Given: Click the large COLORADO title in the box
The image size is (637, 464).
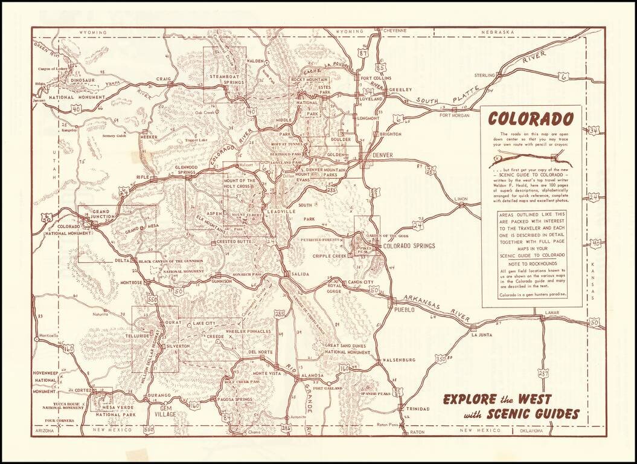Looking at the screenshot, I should tap(531, 119).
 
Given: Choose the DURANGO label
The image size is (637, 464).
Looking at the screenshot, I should tap(159, 395).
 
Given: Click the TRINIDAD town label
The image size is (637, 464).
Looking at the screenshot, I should tap(417, 409).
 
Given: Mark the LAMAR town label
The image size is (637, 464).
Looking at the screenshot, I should tap(552, 312).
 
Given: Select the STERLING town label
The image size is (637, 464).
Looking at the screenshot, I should tap(484, 76).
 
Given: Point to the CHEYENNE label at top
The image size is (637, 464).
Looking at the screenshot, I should tap(394, 30).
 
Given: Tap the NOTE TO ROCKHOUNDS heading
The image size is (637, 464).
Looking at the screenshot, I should tap(531, 263).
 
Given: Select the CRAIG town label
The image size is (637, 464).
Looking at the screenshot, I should tap(164, 79).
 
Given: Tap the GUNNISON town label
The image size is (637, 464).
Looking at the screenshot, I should tap(222, 281).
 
